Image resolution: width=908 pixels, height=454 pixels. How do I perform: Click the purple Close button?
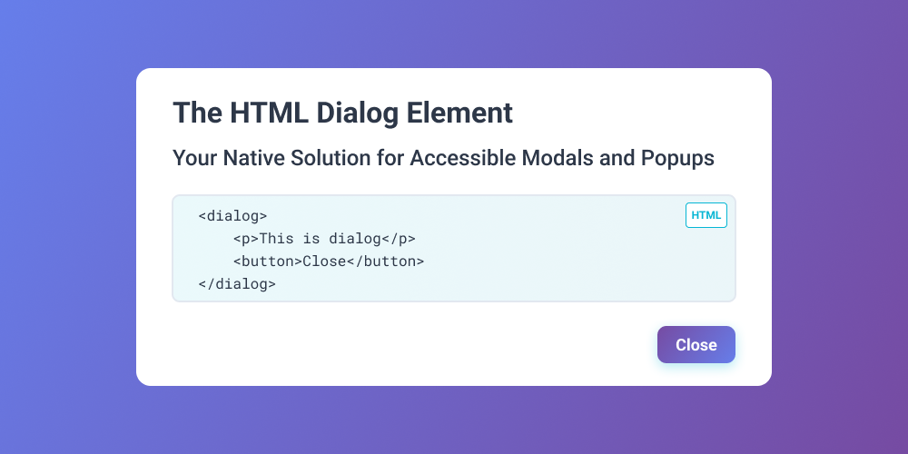click(x=696, y=345)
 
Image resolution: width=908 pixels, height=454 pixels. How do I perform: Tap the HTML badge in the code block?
click(x=706, y=215)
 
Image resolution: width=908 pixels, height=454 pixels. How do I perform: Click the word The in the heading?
click(x=197, y=113)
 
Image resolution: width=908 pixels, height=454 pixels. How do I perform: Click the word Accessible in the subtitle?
click(x=463, y=158)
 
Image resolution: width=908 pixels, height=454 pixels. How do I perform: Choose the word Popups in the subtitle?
click(x=677, y=158)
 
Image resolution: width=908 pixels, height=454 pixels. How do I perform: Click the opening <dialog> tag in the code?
click(x=232, y=216)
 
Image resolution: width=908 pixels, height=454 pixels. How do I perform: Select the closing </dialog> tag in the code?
click(x=237, y=284)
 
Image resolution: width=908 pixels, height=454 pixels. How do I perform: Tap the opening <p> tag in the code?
click(x=245, y=239)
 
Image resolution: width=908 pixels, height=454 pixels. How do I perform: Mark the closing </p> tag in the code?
click(x=399, y=239)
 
